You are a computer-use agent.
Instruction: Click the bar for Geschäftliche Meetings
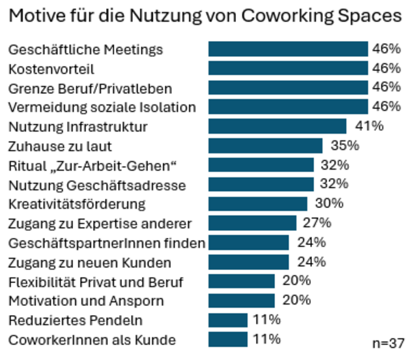[288, 49]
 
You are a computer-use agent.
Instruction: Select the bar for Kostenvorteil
[288, 68]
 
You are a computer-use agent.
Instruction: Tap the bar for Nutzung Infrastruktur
[277, 126]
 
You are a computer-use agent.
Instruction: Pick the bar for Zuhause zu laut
[265, 145]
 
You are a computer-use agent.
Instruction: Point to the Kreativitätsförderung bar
[257, 203]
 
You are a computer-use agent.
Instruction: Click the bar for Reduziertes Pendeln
[228, 320]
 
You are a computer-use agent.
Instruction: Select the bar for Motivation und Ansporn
[242, 300]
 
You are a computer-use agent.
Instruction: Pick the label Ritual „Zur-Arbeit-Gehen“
[93, 166]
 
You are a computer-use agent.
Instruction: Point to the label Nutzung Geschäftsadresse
[97, 185]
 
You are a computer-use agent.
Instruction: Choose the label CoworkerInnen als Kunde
[92, 340]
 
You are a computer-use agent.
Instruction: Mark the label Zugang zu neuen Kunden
[90, 263]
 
